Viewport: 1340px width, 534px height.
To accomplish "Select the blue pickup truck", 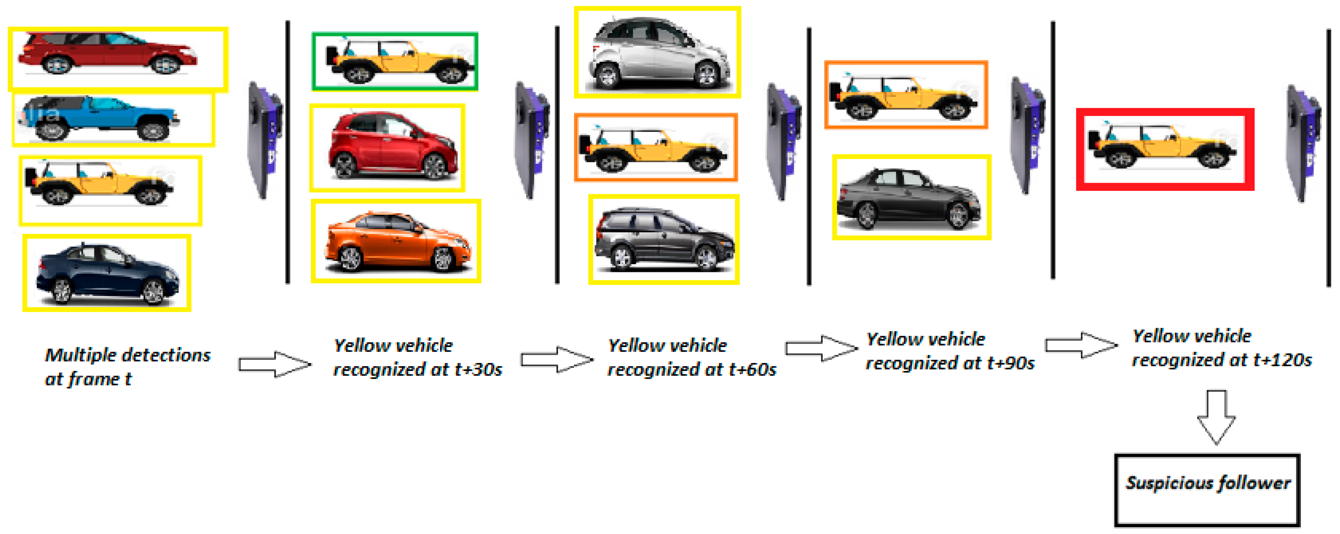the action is pyautogui.click(x=99, y=118).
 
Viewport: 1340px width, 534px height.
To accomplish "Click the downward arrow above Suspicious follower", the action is pyautogui.click(x=1216, y=416).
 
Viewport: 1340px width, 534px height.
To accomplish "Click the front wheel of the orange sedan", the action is pyautogui.click(x=443, y=258).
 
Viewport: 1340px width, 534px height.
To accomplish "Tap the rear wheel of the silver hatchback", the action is pyautogui.click(x=608, y=76).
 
